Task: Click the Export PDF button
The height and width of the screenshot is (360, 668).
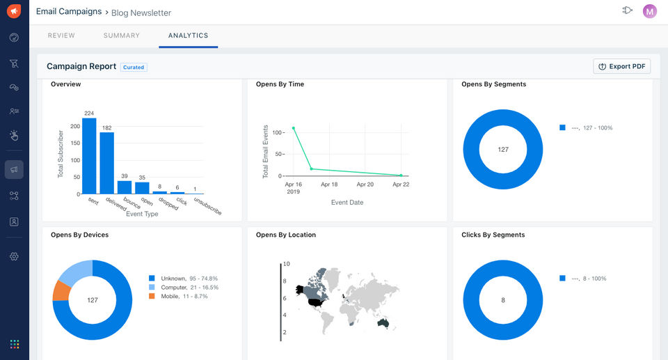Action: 621,66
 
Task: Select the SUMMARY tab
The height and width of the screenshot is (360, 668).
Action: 121,36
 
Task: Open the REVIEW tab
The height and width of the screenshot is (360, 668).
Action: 61,36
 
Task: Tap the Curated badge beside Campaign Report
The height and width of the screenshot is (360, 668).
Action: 134,68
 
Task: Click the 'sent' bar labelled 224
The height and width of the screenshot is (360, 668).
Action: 89,156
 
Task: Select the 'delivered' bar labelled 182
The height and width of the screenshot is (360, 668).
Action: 107,163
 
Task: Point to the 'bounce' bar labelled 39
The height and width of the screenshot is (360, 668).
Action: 125,187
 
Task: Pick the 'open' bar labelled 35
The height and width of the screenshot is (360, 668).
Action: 142,188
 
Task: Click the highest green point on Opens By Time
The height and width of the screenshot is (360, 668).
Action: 294,128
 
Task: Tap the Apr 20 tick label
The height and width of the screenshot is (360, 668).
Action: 365,185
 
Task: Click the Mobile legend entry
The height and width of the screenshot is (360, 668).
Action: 178,296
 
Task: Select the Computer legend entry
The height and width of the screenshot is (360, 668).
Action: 183,288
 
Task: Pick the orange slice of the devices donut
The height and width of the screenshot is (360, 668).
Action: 61,291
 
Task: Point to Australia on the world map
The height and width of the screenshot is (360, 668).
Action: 383,323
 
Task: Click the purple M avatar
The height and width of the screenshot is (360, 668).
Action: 650,12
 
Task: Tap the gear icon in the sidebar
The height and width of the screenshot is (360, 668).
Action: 14,256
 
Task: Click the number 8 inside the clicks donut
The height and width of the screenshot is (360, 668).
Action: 503,300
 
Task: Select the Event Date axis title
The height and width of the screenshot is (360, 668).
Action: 347,203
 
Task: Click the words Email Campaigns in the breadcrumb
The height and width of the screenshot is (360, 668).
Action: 69,12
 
